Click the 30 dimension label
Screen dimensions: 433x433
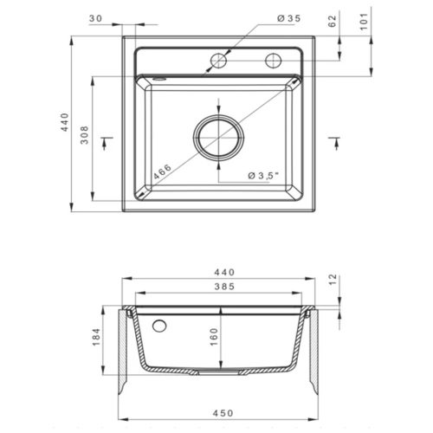[95, 18]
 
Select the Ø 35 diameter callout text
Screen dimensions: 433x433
[288, 18]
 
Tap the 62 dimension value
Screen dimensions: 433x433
[333, 21]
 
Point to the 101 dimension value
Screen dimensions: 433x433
[364, 21]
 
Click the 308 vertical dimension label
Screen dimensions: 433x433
[84, 135]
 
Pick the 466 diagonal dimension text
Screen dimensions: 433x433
[162, 171]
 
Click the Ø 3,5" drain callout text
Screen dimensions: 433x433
[263, 175]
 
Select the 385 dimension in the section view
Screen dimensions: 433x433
[224, 287]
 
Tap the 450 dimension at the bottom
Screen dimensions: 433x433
[223, 413]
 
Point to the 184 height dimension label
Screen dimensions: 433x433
[96, 337]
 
